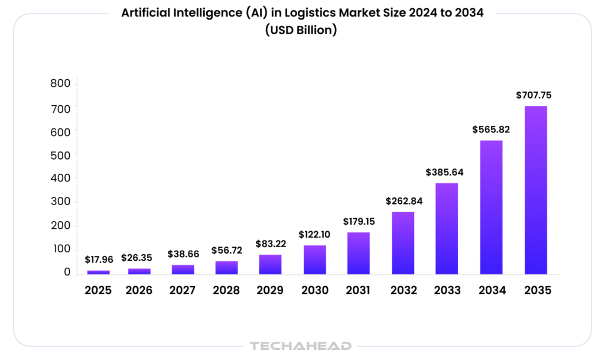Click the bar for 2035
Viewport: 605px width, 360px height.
click(x=535, y=190)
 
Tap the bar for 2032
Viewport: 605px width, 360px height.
click(x=403, y=243)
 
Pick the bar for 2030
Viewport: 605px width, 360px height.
click(x=315, y=260)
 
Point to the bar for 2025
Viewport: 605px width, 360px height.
click(x=99, y=272)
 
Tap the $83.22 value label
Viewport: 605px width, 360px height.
click(x=271, y=244)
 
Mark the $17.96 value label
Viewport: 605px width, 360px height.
click(x=99, y=259)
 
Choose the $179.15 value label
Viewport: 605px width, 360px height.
click(x=359, y=222)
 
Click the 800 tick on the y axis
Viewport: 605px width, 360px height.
click(x=61, y=84)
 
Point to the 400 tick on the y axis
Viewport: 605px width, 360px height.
click(x=61, y=178)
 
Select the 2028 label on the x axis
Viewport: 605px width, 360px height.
click(x=226, y=290)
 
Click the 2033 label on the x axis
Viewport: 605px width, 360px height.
click(x=447, y=290)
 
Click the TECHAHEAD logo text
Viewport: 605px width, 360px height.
click(x=301, y=346)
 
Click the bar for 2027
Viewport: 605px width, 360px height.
click(x=183, y=269)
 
